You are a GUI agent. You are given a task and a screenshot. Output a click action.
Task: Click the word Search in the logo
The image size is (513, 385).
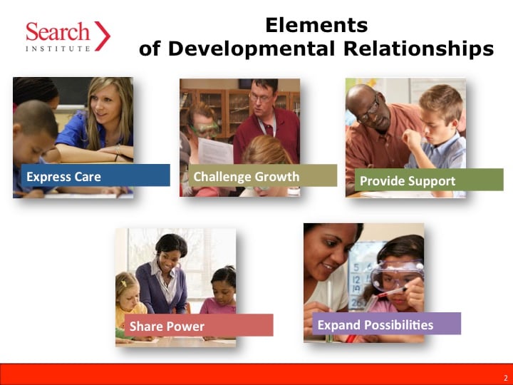tap(58, 32)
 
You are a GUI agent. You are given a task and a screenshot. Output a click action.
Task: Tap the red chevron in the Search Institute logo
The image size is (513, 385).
tap(103, 36)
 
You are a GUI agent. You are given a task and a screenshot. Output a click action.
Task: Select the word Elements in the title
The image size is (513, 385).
tap(316, 25)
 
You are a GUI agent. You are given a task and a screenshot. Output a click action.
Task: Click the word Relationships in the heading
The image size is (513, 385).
tap(418, 48)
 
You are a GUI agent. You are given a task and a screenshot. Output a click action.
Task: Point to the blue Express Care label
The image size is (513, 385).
tap(95, 175)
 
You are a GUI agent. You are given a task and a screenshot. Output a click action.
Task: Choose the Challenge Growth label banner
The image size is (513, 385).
tap(263, 175)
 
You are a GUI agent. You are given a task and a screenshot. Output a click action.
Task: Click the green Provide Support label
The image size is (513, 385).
tap(429, 180)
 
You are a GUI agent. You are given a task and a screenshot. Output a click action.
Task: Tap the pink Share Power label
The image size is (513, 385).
tap(199, 325)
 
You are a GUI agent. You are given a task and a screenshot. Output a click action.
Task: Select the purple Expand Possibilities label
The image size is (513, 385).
tap(386, 324)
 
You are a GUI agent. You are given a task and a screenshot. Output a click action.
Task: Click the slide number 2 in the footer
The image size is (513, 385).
tap(506, 378)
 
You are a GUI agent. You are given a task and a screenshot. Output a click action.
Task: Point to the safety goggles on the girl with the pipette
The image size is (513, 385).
tap(396, 274)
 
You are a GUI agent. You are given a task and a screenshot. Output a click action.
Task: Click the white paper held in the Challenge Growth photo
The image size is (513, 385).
tap(215, 151)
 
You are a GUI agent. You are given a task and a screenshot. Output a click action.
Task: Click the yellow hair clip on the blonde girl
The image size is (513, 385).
tap(123, 282)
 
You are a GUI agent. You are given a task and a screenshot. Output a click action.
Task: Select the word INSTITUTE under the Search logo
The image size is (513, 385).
tap(58, 48)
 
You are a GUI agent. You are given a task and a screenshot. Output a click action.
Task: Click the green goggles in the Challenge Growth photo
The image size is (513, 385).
tap(204, 129)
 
